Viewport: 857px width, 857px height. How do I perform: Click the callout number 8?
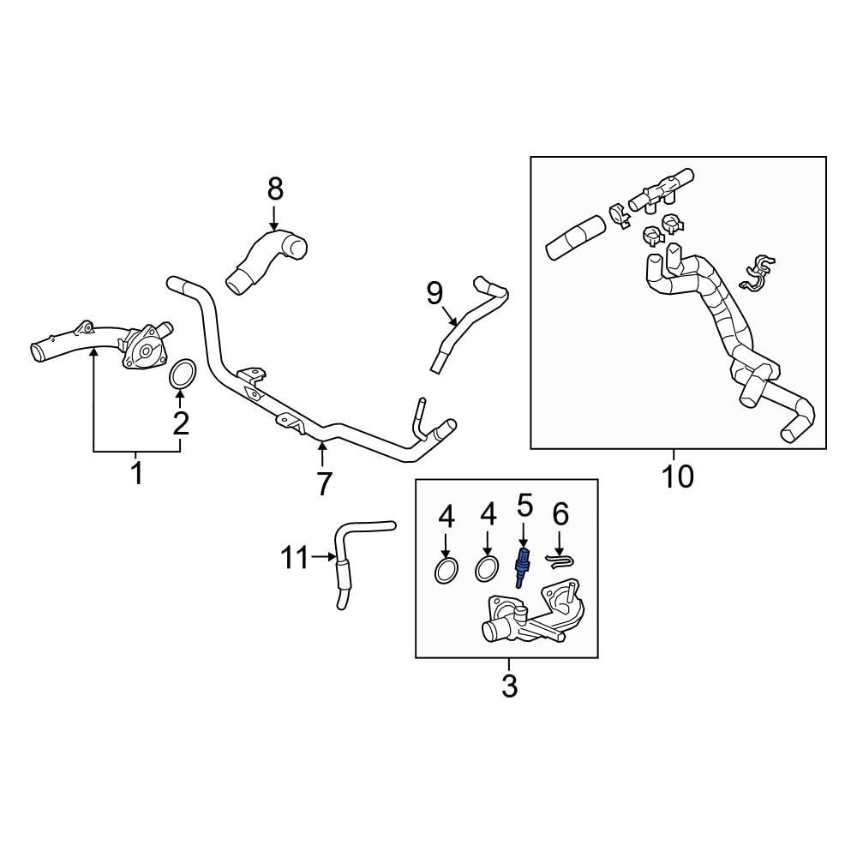pos(274,188)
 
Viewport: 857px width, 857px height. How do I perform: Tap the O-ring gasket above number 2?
pos(183,375)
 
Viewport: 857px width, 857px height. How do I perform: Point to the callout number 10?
pos(677,476)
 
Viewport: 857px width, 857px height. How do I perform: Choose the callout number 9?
pos(434,294)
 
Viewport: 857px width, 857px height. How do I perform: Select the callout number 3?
pos(508,686)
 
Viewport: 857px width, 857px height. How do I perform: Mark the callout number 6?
pos(560,514)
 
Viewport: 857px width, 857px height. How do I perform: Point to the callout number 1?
pos(136,472)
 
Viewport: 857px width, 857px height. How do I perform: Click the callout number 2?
pos(180,422)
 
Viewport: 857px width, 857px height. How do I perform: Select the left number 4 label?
pos(446,516)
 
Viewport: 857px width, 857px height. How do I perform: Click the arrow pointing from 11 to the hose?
pos(322,558)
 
